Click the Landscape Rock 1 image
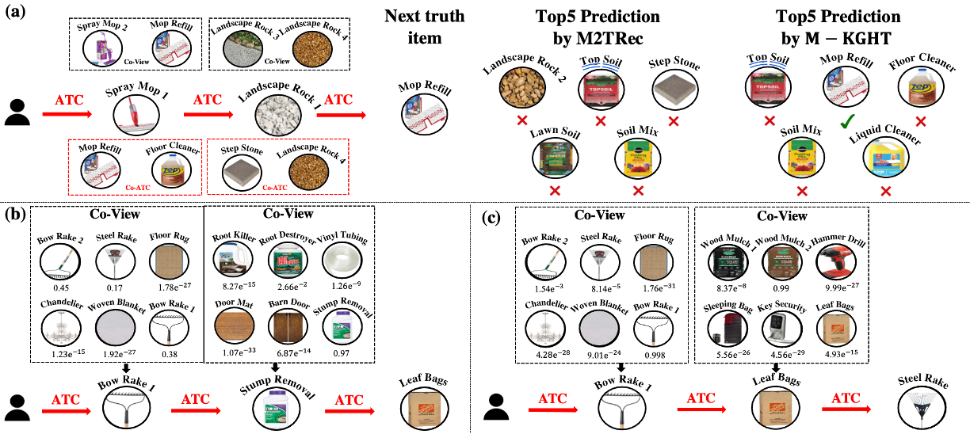click(277, 118)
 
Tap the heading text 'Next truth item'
click(425, 26)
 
